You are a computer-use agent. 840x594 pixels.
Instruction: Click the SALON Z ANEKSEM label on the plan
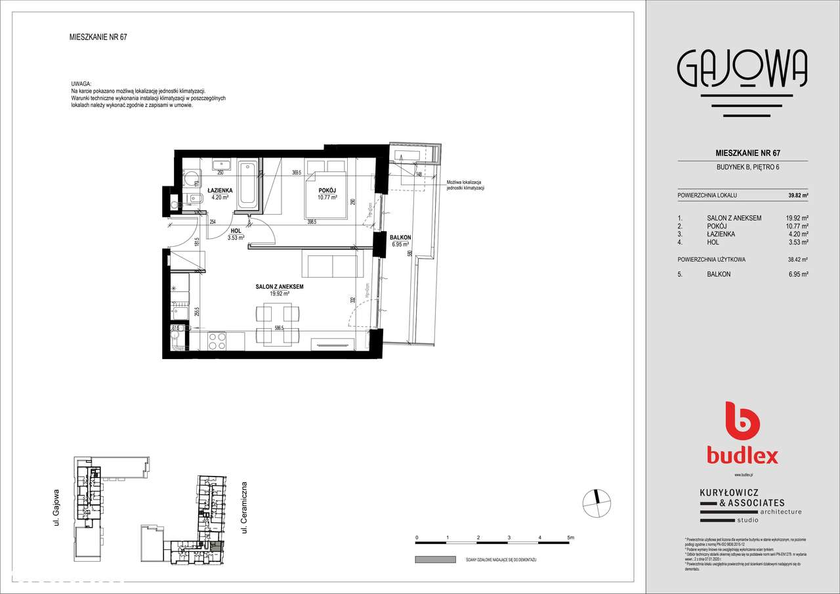click(279, 287)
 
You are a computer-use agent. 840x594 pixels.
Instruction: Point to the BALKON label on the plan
click(400, 237)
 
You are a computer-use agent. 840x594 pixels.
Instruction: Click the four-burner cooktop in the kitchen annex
click(217, 341)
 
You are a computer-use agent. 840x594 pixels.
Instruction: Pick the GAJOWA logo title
click(742, 70)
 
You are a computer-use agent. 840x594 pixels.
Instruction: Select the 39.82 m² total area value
click(797, 195)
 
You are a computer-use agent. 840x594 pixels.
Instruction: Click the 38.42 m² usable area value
click(797, 259)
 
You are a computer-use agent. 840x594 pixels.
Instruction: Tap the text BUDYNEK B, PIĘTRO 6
click(742, 167)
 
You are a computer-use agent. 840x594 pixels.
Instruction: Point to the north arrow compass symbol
click(595, 502)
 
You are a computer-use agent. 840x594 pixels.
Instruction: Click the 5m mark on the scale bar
click(570, 538)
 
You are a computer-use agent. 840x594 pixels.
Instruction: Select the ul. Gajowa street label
click(57, 507)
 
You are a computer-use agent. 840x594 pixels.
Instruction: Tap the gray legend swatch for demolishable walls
click(435, 559)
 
